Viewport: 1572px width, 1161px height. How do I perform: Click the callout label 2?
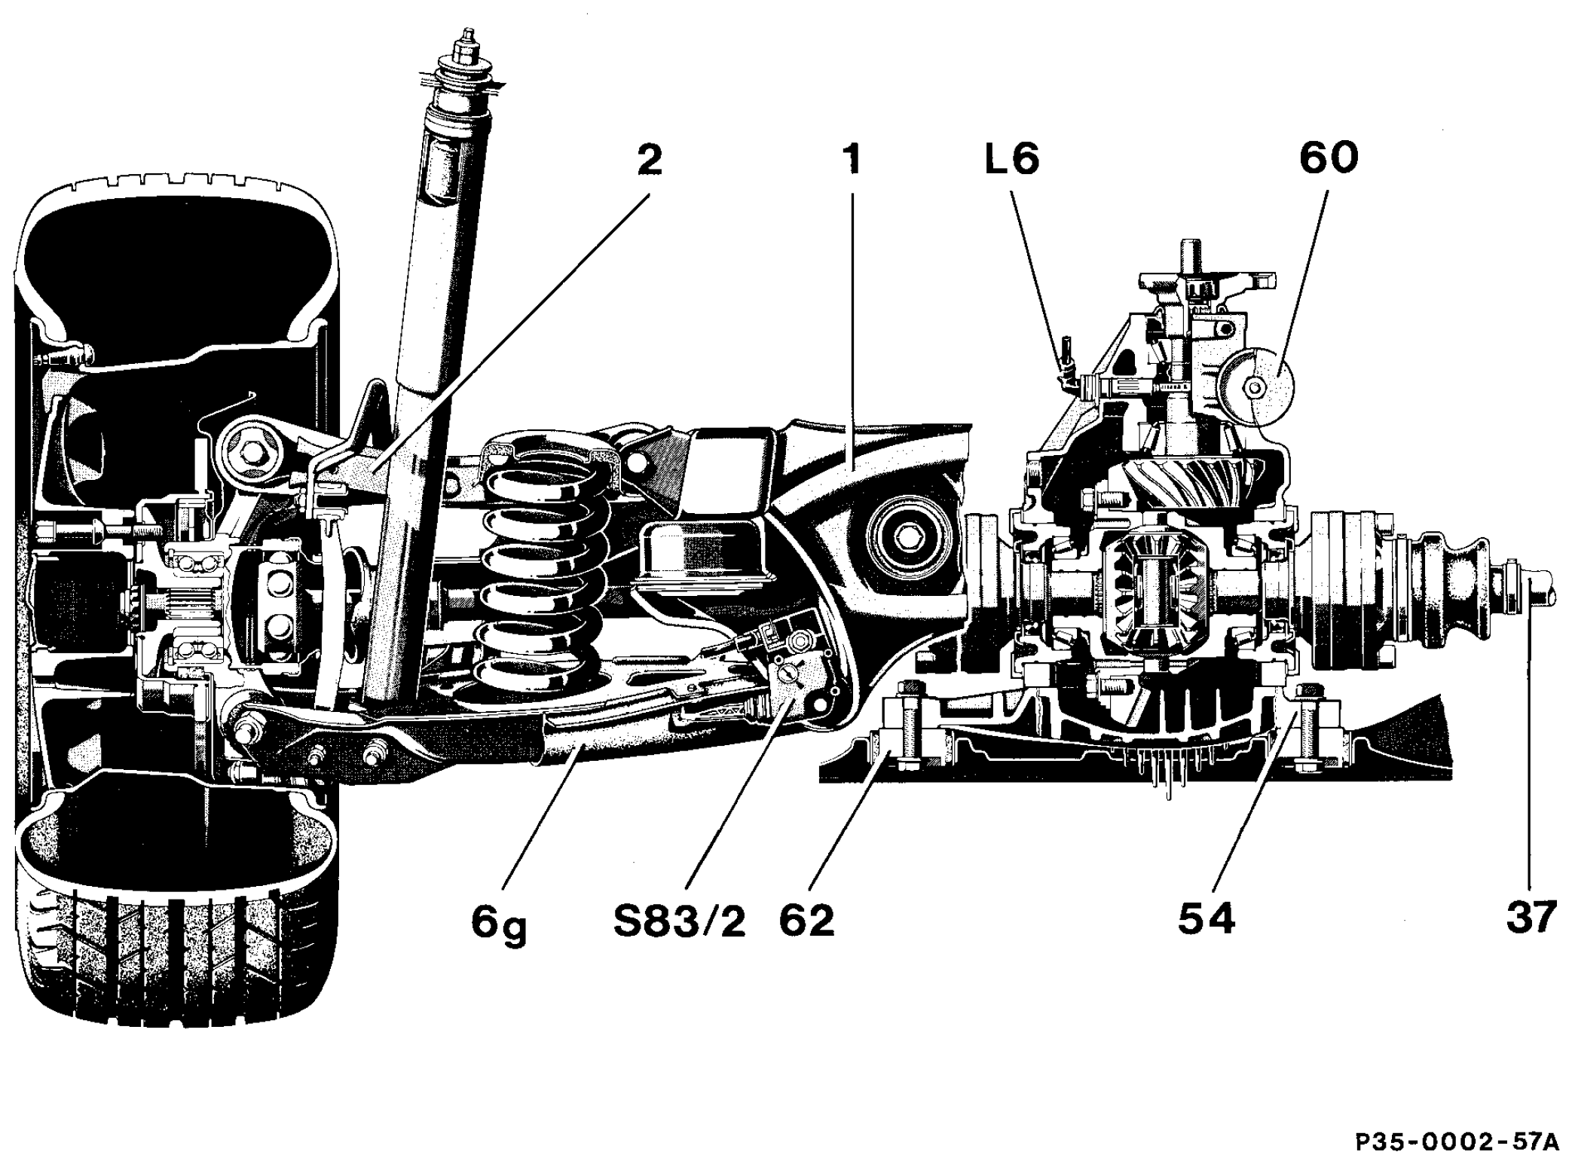click(650, 160)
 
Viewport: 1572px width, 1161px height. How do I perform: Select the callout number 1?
click(852, 160)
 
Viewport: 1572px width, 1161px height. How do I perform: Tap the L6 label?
click(1013, 160)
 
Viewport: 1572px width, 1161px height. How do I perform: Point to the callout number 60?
click(1329, 159)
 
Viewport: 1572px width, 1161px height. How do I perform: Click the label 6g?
click(499, 923)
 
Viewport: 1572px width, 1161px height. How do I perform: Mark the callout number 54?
click(1207, 920)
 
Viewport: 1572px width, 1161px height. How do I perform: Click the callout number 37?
click(1531, 918)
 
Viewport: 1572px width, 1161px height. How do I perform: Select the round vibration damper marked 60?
click(1256, 387)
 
